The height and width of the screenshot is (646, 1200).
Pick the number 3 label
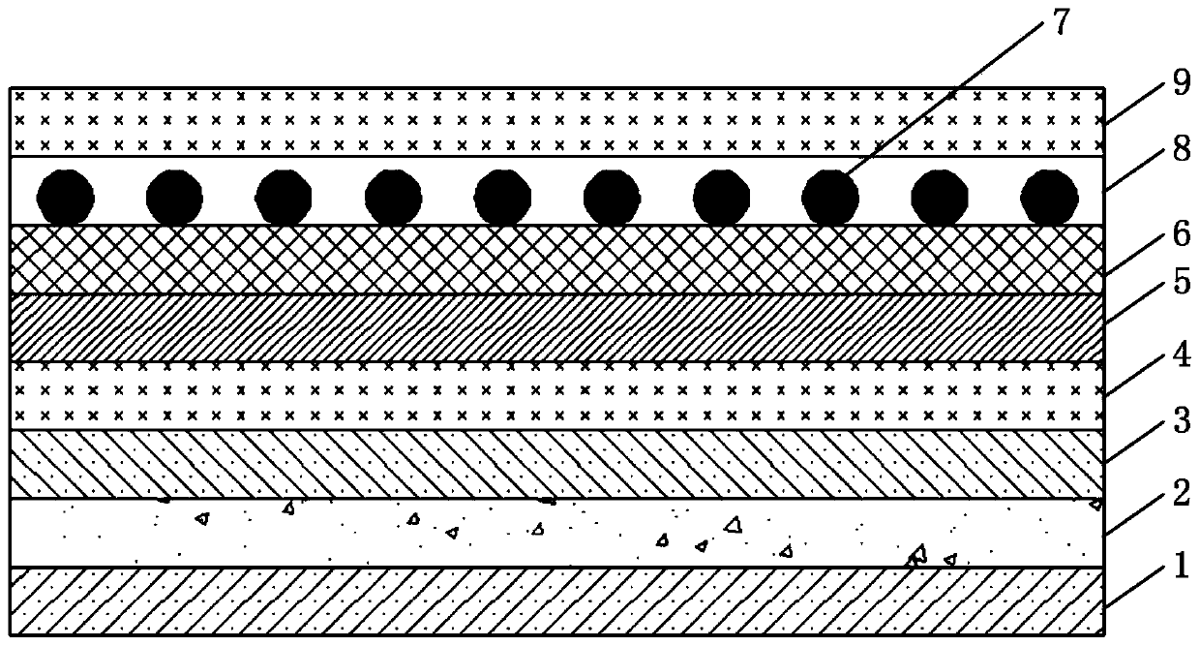(1180, 422)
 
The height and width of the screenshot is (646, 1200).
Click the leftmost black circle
(65, 199)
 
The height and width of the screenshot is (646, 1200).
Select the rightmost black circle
(1050, 199)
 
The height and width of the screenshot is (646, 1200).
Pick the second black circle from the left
(174, 199)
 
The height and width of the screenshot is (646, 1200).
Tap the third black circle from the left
(284, 199)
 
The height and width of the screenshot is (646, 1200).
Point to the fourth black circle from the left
(393, 199)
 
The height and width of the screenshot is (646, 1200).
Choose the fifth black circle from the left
(502, 199)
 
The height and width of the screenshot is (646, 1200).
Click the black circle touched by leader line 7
(830, 199)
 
